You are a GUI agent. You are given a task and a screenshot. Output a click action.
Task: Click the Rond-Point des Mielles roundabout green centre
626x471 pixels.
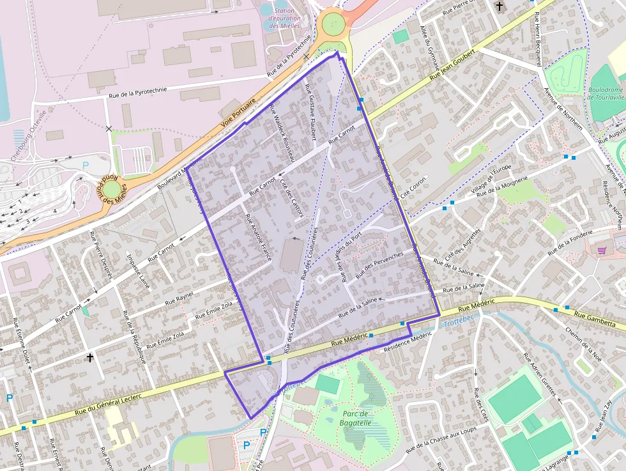coord(112,189)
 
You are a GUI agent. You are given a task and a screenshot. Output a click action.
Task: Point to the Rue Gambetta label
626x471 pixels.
coord(593,316)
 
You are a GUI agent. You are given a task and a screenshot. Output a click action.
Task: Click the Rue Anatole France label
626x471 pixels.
coord(259,237)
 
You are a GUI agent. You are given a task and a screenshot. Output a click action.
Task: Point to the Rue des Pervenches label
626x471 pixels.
coord(379,265)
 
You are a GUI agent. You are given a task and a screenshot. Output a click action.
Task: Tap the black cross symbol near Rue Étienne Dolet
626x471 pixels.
coord(90,358)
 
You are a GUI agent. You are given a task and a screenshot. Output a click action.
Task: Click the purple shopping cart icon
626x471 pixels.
coord(602,251)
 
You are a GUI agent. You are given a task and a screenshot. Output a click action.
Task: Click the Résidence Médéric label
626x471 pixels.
coord(408,339)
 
